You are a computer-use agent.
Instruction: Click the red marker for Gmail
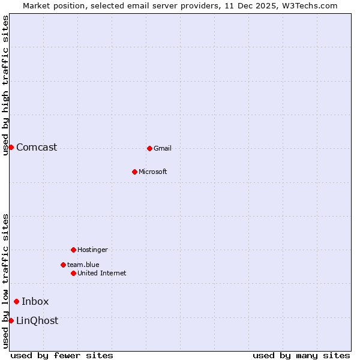149,148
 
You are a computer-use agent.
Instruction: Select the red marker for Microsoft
134,172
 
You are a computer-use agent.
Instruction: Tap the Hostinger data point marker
73,250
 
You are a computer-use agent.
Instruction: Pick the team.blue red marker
63,265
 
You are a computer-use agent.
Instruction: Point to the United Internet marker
73,273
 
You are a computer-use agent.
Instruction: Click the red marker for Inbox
16,301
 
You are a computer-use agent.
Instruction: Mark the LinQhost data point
11,320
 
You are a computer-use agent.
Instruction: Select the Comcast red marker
11,147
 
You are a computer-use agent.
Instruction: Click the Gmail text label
163,149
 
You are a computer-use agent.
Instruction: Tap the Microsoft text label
152,172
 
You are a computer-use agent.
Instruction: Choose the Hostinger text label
92,250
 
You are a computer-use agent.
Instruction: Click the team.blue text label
83,265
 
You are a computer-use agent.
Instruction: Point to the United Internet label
101,274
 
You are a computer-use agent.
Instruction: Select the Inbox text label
35,302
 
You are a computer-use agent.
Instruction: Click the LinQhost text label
37,321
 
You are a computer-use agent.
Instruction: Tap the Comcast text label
37,148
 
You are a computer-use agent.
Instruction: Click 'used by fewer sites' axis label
62,355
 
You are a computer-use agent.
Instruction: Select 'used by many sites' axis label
301,355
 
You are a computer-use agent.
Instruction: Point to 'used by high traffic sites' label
5,85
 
